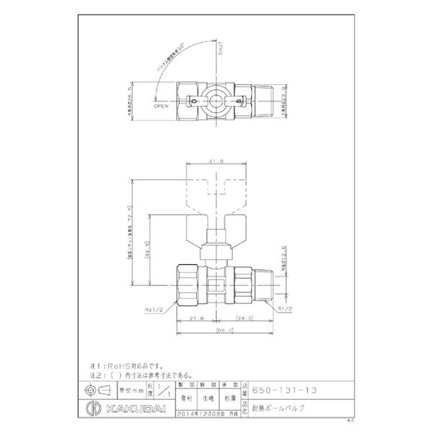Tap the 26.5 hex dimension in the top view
(x=130, y=98)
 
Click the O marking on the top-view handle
(x=193, y=100)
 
